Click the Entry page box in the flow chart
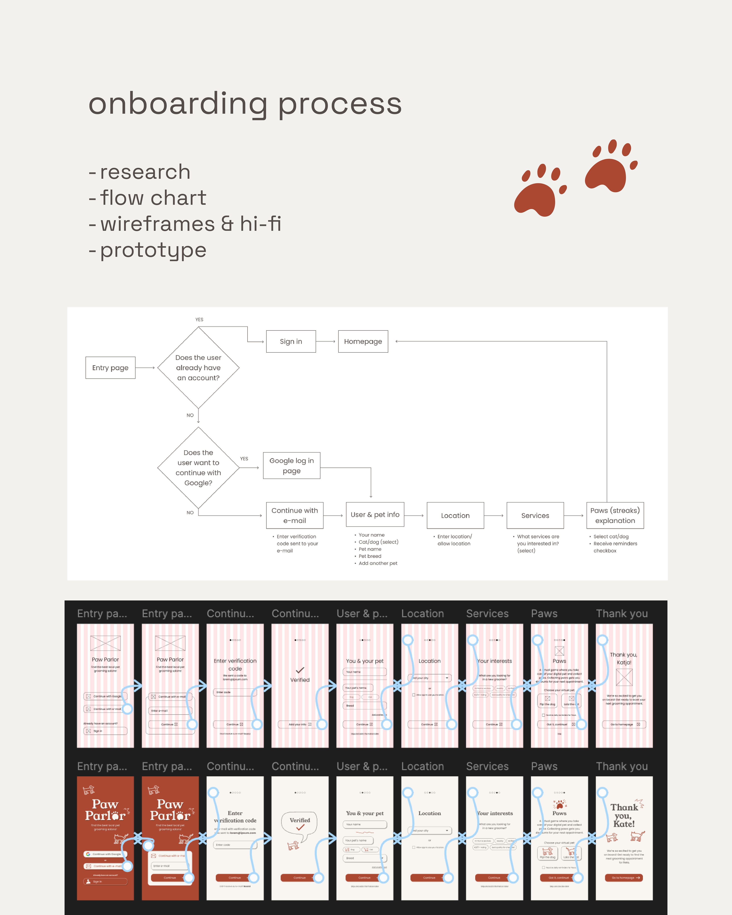[x=110, y=368]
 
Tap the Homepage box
[x=363, y=341]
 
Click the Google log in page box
[x=291, y=466]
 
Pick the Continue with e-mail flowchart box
[x=295, y=515]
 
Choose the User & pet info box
[x=375, y=514]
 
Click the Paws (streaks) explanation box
[x=615, y=515]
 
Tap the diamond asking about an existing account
[x=198, y=368]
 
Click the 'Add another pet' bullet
[x=378, y=563]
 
